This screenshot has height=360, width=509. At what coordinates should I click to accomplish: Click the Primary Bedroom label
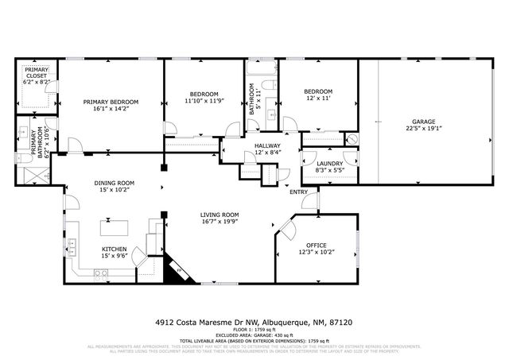pyautogui.click(x=111, y=102)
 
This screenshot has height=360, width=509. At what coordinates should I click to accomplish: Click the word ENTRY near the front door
pyautogui.click(x=298, y=192)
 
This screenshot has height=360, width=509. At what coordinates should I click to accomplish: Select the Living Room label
pyautogui.click(x=220, y=215)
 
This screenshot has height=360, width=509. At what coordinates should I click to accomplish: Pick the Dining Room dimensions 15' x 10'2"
pyautogui.click(x=115, y=191)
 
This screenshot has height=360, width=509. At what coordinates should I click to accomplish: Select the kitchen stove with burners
pyautogui.click(x=101, y=274)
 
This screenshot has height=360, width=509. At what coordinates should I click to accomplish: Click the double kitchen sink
pyautogui.click(x=72, y=247)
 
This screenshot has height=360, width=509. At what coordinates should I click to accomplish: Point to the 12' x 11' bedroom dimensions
pyautogui.click(x=317, y=99)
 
